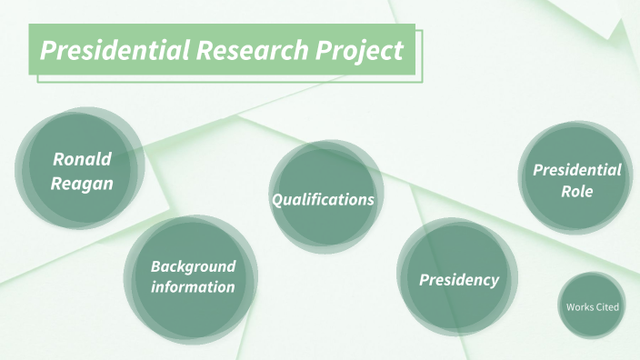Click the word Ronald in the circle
pos(82,159)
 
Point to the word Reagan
pos(82,183)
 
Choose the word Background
pos(193,266)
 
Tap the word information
pos(193,287)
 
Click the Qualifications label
pos(324,199)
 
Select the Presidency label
pos(459,280)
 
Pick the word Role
pos(577,192)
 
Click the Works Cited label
pos(592,307)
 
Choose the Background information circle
pos(191,309)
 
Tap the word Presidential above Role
pos(577,170)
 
